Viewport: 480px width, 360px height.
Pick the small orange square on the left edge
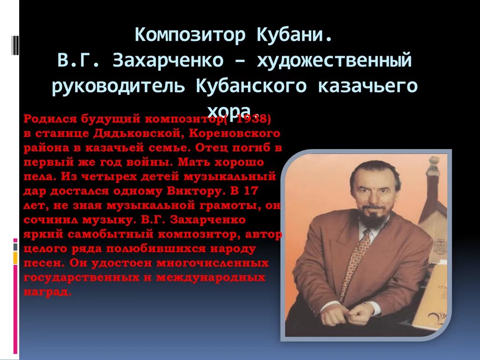pos(15,258)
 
